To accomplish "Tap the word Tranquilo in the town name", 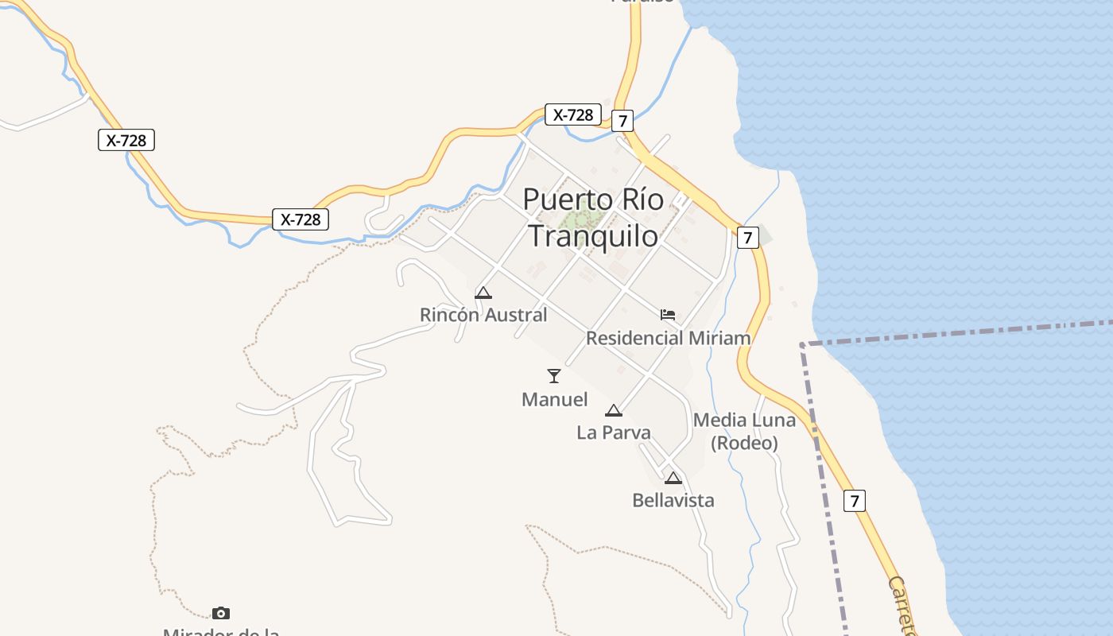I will click(x=593, y=236).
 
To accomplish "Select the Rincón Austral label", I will click(x=483, y=315).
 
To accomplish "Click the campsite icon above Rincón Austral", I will click(x=483, y=293).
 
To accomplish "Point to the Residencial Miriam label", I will click(x=668, y=338).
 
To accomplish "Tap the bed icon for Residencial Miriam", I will click(x=668, y=315).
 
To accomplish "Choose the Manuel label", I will click(x=554, y=399).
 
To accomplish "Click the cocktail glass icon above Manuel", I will click(x=554, y=376).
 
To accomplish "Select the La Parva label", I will click(x=613, y=432).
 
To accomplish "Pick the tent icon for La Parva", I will click(x=613, y=410).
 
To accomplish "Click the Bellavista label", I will click(x=673, y=500).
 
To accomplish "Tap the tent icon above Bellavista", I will click(x=673, y=478).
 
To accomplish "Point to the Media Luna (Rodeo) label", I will click(x=744, y=431).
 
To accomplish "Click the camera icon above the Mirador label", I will click(x=221, y=613).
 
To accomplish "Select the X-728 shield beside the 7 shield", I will click(x=573, y=114).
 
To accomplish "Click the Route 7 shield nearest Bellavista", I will click(x=855, y=501).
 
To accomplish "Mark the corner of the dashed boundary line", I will click(x=802, y=344).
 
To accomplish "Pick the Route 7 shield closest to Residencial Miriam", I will click(x=747, y=237).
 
